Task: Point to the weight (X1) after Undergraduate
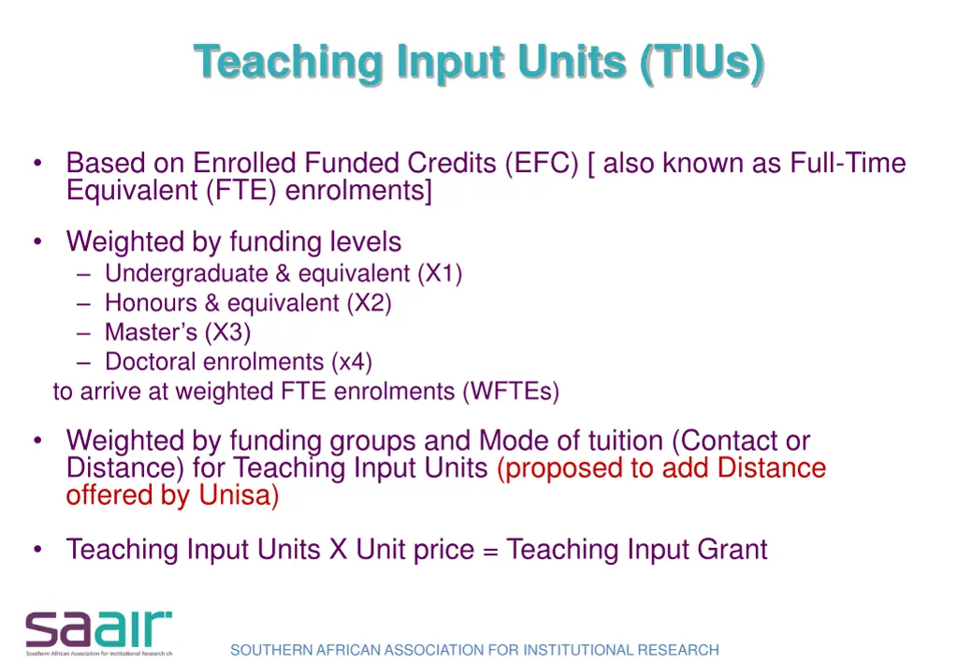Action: coord(440,274)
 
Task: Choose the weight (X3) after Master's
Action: coord(228,332)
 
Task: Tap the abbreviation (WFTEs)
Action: coord(510,391)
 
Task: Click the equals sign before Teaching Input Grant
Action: coord(491,550)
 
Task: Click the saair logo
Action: coord(98,633)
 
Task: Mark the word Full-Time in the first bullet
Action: coord(848,164)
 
